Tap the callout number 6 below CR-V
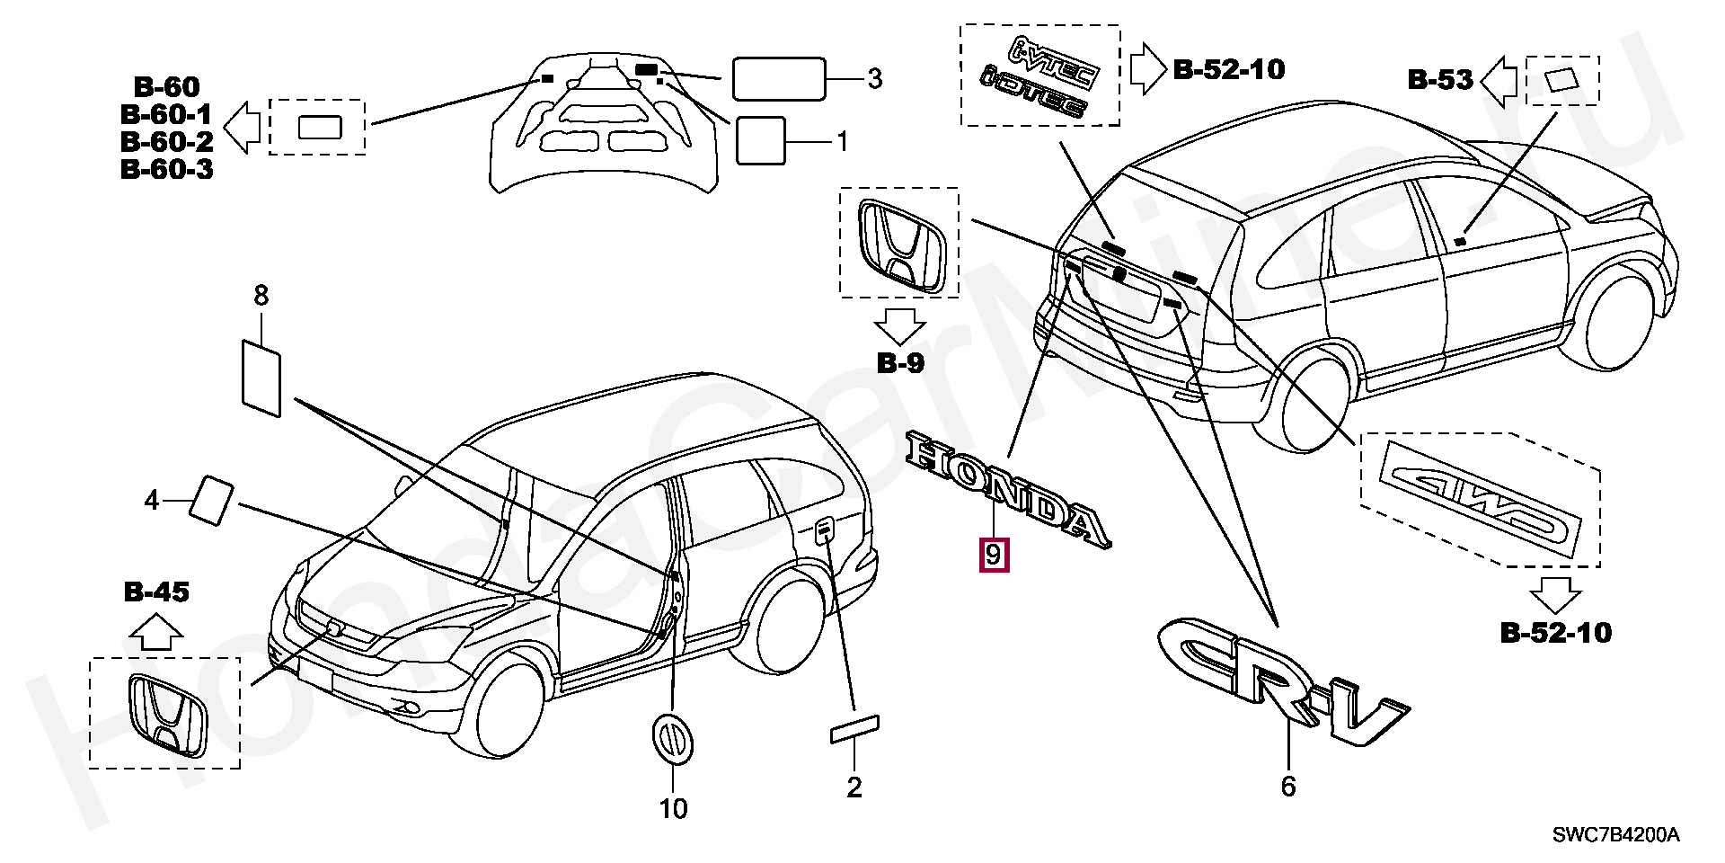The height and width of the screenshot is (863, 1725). [x=1288, y=787]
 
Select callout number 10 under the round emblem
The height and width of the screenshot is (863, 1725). [x=673, y=809]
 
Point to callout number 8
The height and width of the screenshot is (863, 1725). [x=261, y=295]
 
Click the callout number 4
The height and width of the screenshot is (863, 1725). [x=152, y=500]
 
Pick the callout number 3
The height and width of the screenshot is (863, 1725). [x=874, y=79]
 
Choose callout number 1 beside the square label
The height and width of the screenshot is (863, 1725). [x=842, y=142]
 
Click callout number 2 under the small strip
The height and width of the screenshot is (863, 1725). [x=854, y=787]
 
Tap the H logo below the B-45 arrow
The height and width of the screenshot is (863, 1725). [x=164, y=714]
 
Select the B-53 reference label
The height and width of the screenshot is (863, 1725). [x=1440, y=81]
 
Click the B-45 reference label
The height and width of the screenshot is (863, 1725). [x=156, y=592]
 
